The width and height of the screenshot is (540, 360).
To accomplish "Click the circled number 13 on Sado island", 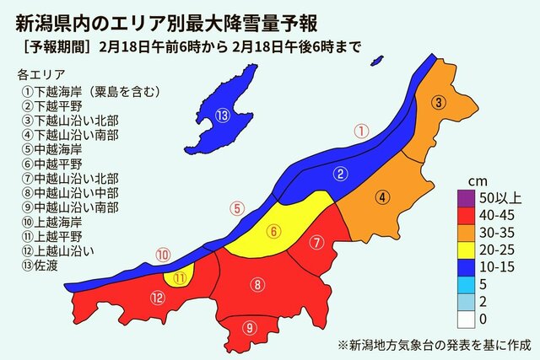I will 222,116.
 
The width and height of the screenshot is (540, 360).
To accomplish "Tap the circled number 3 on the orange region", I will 439,103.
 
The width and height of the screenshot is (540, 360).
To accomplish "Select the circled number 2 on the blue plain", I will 341,175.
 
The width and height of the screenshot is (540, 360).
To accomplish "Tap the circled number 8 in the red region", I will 257,285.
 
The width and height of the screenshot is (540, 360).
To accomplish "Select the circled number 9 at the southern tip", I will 249,328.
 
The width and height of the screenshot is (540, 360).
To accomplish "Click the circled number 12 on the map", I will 157,297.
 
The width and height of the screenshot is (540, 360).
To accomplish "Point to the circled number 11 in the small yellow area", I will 179,277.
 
